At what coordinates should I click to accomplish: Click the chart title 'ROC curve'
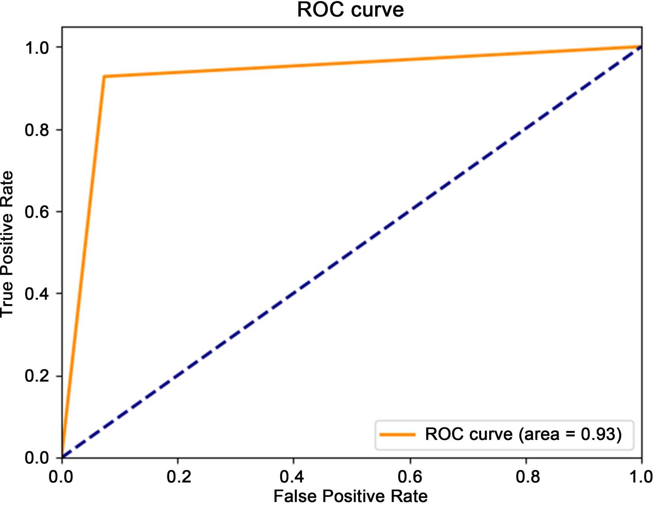click(350, 10)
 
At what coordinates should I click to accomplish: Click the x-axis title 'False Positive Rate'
click(350, 496)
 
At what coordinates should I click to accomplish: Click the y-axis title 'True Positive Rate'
click(7, 244)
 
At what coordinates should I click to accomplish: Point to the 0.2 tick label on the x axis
click(179, 477)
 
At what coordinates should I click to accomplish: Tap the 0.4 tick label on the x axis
click(292, 477)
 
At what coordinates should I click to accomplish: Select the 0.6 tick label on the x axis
click(410, 477)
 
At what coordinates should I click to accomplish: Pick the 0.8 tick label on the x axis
click(527, 477)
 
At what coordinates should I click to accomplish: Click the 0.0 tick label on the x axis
click(61, 477)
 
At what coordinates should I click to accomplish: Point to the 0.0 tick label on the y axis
click(37, 458)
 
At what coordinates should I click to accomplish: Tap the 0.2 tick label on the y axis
click(37, 376)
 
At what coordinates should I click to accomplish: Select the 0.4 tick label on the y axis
click(37, 294)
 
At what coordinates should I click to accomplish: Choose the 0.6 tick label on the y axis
click(37, 212)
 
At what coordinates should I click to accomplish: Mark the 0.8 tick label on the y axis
click(37, 130)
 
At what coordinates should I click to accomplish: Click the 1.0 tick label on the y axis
click(37, 48)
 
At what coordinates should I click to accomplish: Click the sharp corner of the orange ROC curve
click(104, 76)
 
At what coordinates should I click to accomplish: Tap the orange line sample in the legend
click(397, 435)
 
